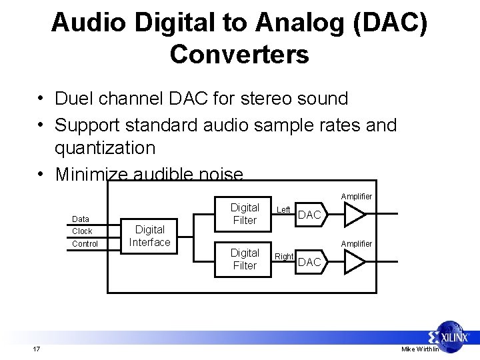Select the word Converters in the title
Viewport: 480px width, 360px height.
click(239, 54)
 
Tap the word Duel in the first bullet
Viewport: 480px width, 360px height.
click(75, 99)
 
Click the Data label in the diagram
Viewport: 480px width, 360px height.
click(81, 219)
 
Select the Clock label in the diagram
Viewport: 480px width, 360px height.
click(82, 231)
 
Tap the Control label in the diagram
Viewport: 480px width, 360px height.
click(85, 244)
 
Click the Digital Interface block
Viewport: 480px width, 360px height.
click(149, 236)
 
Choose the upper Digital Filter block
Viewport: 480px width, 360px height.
click(245, 214)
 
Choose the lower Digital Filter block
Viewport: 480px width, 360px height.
click(245, 259)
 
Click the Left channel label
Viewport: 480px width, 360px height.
click(284, 210)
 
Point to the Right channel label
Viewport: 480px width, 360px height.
click(284, 256)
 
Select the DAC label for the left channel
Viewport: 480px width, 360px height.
click(309, 215)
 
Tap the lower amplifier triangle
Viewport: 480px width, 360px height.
click(354, 262)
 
